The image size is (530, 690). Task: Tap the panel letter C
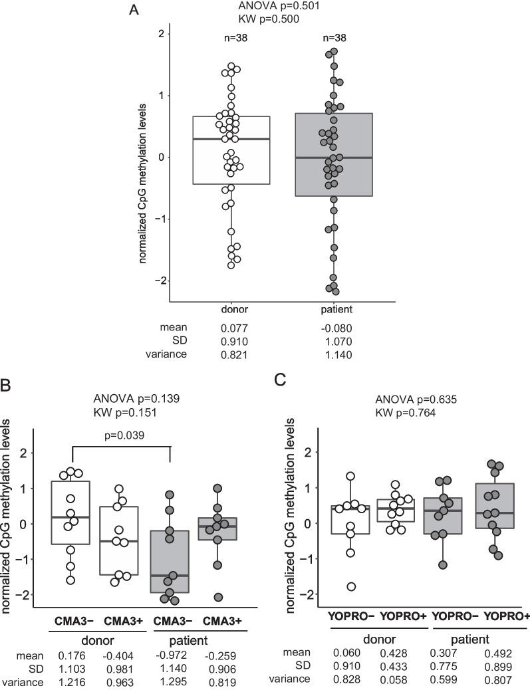pos(280,380)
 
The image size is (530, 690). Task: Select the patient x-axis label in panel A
pos(333,310)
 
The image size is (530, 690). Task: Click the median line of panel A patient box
pos(333,158)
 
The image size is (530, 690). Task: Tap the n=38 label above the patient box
pos(333,38)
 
